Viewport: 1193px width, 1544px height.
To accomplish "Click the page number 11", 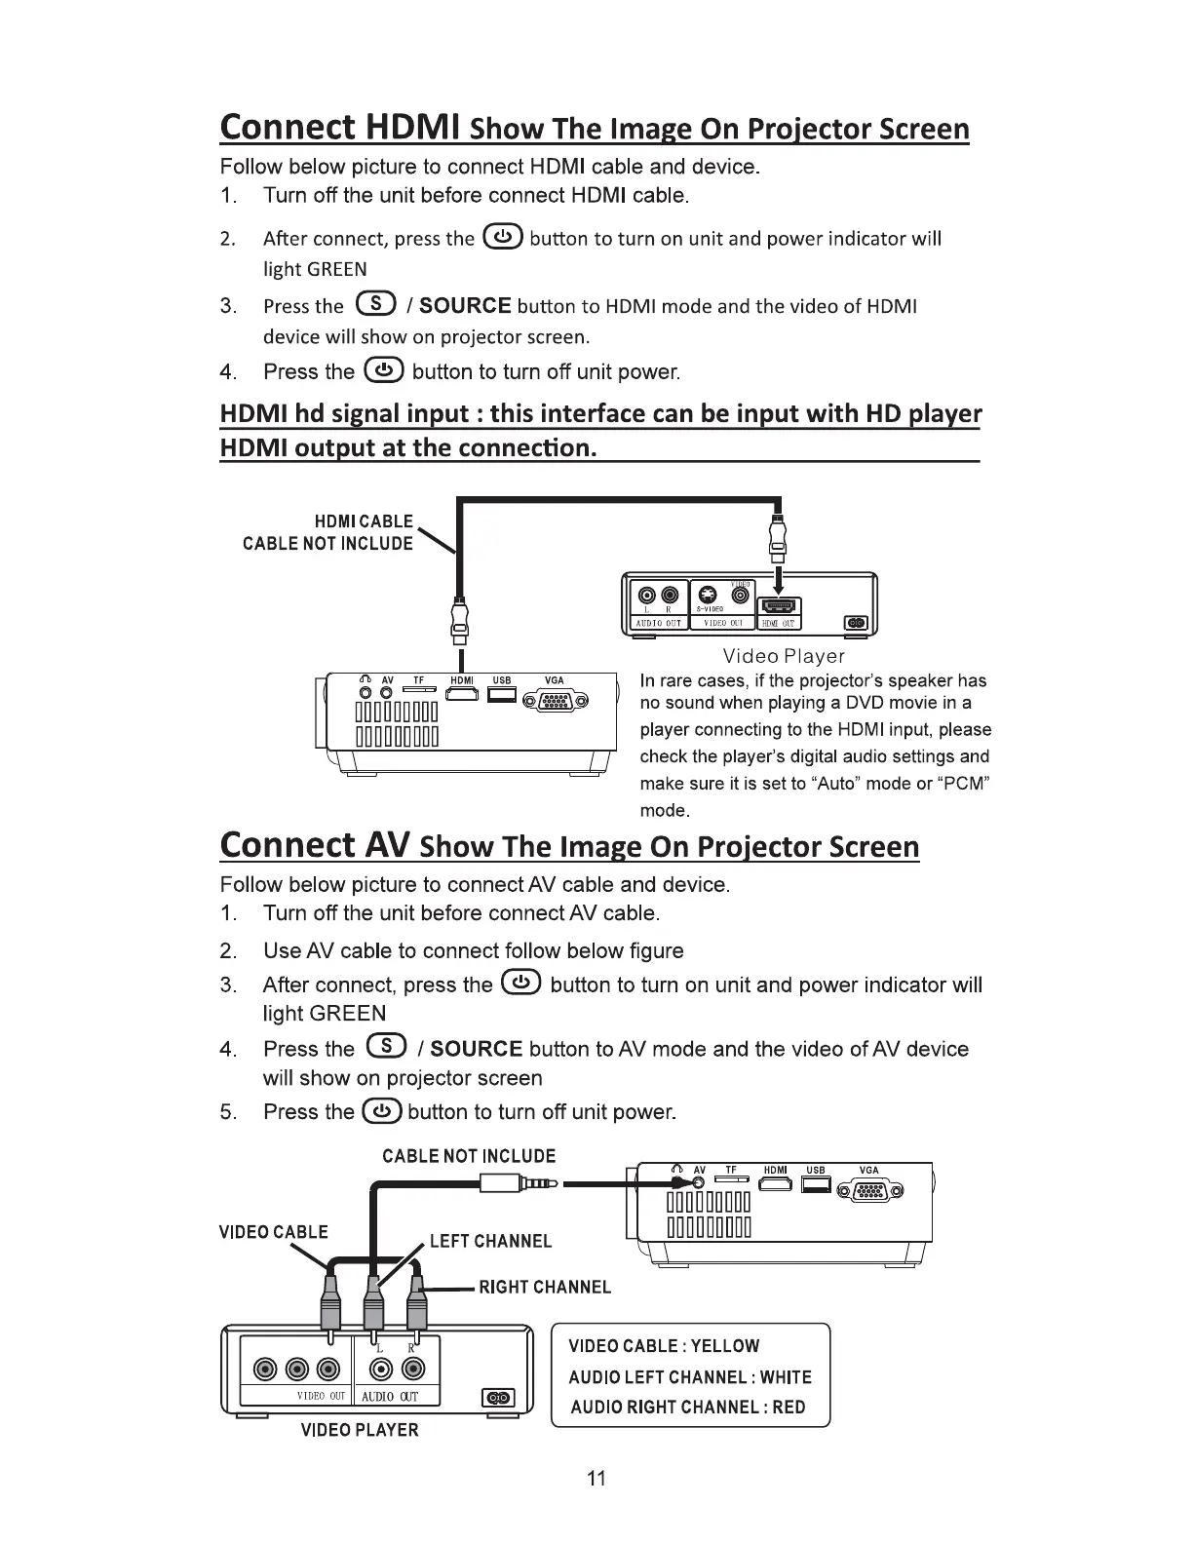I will pos(596,1479).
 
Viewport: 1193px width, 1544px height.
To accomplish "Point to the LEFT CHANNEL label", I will pos(490,1241).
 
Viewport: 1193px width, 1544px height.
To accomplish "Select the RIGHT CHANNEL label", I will pos(545,1287).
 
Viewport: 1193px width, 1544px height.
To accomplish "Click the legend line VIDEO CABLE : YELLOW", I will pos(664,1346).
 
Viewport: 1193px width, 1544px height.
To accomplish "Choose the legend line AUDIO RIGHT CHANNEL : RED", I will pos(688,1407).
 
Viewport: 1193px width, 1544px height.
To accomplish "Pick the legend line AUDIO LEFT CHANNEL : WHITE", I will pos(690,1376).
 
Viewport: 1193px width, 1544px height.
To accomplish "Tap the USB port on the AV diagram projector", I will pos(816,1184).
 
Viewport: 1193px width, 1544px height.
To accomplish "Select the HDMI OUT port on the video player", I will pos(779,608).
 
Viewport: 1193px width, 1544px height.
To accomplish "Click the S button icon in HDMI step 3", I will pos(376,304).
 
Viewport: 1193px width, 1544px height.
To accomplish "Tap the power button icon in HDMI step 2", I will pos(502,237).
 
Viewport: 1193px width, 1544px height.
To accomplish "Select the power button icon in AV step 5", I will pos(380,1111).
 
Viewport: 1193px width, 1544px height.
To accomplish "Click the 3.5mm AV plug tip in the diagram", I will pos(554,1185).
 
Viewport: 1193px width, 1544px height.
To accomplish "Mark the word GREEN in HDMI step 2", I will pos(337,269).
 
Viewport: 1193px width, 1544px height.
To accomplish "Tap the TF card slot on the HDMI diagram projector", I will pos(419,691).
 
